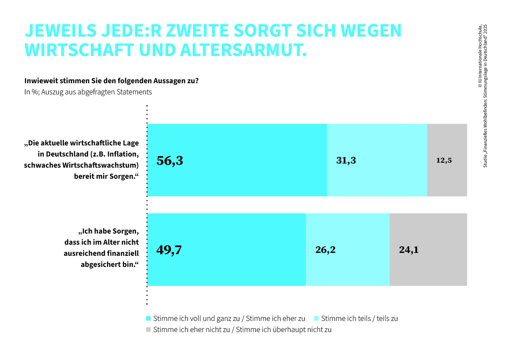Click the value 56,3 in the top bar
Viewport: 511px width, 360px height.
tap(170, 161)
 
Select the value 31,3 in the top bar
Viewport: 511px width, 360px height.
tap(346, 161)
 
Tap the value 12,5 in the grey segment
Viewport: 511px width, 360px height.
tap(444, 160)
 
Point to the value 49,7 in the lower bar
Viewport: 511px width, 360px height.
tap(169, 250)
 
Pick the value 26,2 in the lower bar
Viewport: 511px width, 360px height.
tap(326, 250)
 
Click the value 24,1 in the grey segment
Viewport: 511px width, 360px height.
tap(409, 250)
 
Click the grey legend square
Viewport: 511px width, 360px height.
tap(148, 330)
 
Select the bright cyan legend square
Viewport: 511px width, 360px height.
tap(148, 318)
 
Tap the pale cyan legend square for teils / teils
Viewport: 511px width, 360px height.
tap(316, 318)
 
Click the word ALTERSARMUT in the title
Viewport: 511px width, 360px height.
tap(244, 50)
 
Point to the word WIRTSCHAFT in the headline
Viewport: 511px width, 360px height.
tap(79, 50)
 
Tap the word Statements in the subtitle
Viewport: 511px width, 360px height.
tap(134, 92)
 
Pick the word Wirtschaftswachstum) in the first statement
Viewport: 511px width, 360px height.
tap(101, 165)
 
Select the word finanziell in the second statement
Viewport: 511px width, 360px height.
tap(124, 253)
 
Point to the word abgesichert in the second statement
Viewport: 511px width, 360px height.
tap(101, 264)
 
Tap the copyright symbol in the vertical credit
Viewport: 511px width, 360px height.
tap(480, 86)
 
